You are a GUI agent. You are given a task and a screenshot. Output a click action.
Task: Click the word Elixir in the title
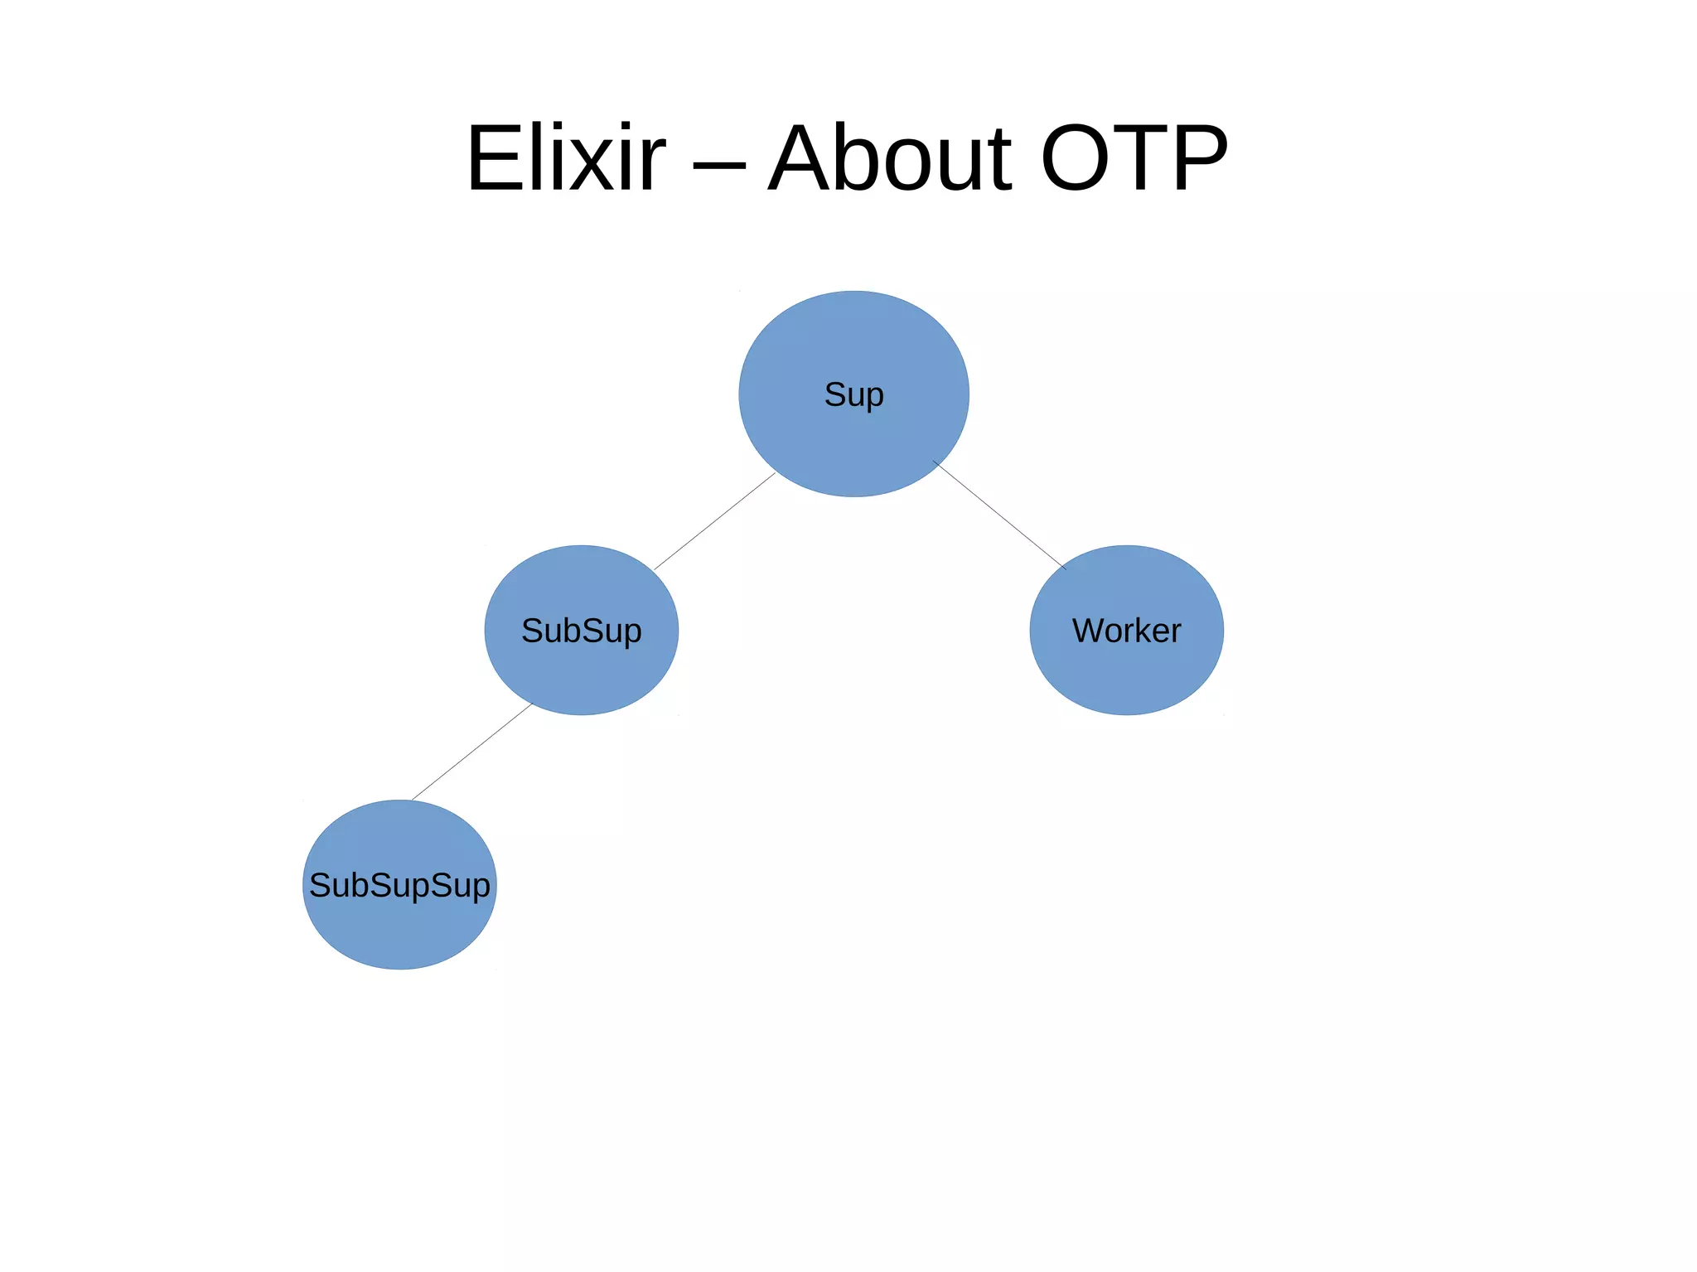tap(566, 159)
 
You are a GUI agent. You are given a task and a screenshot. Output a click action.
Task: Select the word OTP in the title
tap(1134, 159)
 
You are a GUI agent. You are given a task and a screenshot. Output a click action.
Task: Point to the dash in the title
tap(718, 165)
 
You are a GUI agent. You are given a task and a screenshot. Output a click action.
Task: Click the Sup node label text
tap(853, 394)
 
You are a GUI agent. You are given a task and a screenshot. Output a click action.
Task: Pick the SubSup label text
tap(581, 631)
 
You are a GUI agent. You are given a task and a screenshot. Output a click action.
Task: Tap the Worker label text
tap(1126, 631)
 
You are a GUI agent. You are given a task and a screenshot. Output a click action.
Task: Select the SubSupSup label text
tap(399, 885)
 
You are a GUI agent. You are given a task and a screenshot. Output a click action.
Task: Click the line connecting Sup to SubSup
tap(714, 521)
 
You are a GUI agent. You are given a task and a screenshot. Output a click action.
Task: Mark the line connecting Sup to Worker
tap(999, 515)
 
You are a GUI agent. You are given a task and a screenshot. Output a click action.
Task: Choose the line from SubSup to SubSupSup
tap(471, 752)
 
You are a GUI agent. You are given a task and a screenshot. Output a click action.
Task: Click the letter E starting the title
tap(495, 159)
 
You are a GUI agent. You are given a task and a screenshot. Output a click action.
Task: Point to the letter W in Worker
tap(1089, 631)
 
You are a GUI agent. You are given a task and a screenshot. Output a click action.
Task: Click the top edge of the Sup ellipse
tap(853, 292)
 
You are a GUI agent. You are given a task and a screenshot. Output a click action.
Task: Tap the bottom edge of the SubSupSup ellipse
tap(399, 969)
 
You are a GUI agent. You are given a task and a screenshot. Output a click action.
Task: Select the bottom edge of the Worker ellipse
tap(1126, 714)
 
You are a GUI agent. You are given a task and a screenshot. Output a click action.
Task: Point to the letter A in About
tap(801, 159)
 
